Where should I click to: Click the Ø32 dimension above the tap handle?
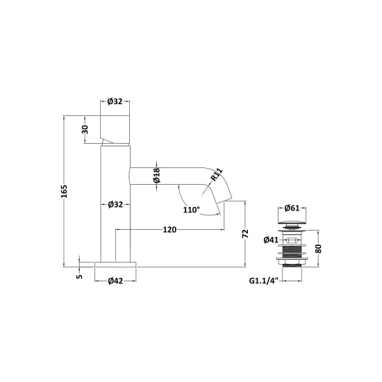tap(115, 101)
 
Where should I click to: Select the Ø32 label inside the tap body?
tap(115, 204)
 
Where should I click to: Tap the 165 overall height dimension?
tap(64, 191)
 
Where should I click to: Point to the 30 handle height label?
tap(85, 129)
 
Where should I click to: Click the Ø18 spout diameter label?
tap(157, 175)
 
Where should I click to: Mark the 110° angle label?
tap(191, 210)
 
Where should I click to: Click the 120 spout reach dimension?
tap(169, 229)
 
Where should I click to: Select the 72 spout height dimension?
tap(246, 233)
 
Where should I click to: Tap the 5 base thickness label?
tap(80, 276)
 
